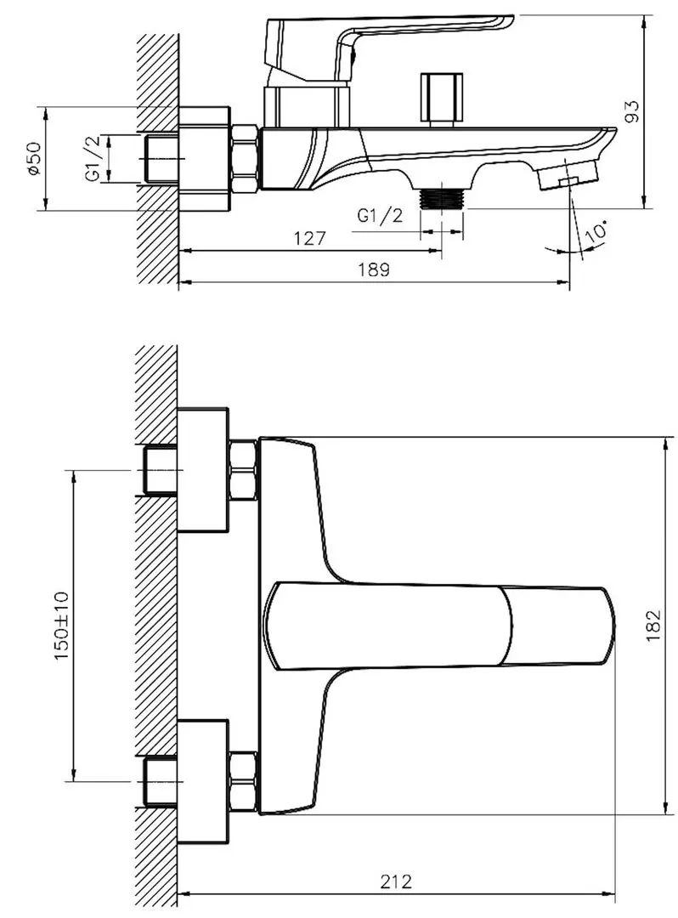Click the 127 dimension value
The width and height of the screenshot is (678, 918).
(309, 238)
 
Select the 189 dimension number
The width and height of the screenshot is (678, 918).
(374, 269)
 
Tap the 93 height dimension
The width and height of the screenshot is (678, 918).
(632, 111)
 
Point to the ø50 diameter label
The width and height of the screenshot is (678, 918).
(34, 157)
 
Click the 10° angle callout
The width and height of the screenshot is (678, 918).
(596, 231)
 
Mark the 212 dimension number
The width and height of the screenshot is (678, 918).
(396, 881)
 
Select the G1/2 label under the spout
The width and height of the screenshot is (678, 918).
(381, 215)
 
